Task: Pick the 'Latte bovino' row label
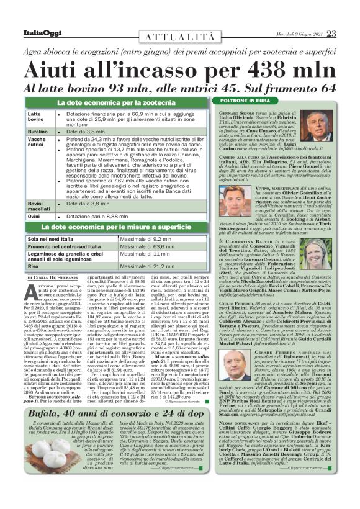point(37,118)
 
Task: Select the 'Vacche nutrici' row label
point(37,143)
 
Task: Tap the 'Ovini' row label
point(35,216)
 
